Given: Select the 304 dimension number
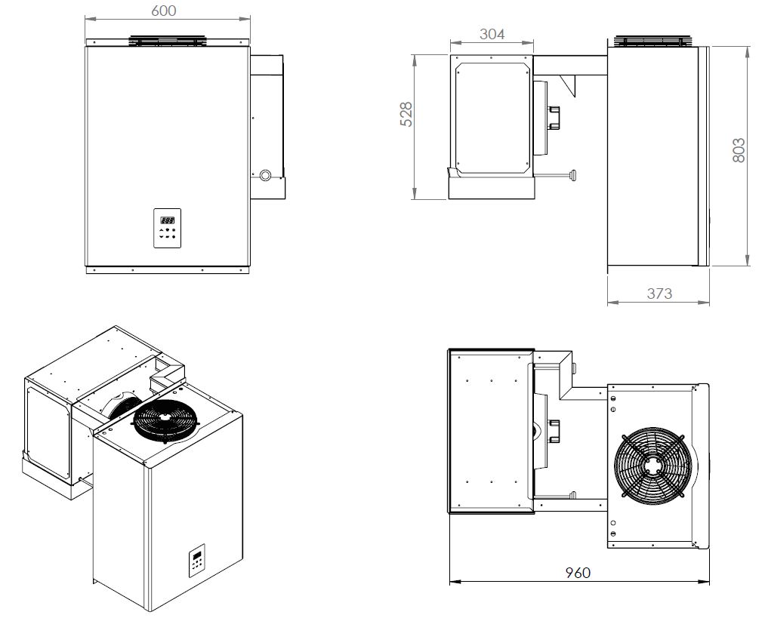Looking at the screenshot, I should [492, 33].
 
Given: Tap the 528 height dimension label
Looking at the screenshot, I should [406, 114].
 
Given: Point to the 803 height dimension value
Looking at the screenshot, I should [739, 149].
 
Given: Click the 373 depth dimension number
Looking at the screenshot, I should [659, 293].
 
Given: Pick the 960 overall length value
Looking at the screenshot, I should [578, 572].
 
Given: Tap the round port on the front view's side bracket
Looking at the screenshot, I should [266, 175].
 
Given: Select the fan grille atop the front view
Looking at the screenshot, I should [167, 40].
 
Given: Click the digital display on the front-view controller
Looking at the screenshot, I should [167, 220].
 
